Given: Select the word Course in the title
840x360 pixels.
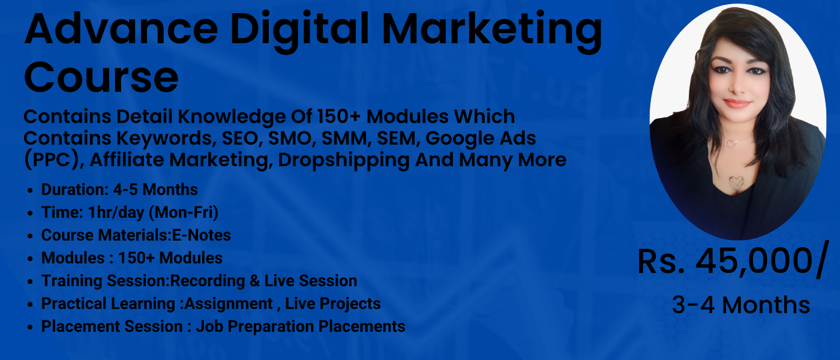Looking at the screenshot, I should click(x=101, y=77).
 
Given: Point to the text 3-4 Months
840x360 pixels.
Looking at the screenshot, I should click(x=740, y=305).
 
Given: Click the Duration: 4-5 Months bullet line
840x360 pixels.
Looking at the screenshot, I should click(x=119, y=190).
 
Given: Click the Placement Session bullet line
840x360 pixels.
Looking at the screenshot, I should click(x=223, y=326).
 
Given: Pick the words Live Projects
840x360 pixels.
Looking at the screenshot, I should click(x=333, y=304).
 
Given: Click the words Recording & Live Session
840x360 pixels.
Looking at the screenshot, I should click(x=264, y=281).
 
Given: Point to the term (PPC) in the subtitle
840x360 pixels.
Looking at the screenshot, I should click(x=46, y=160).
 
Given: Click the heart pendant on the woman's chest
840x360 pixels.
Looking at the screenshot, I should click(x=736, y=183).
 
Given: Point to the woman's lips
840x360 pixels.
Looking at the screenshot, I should click(x=737, y=103).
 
